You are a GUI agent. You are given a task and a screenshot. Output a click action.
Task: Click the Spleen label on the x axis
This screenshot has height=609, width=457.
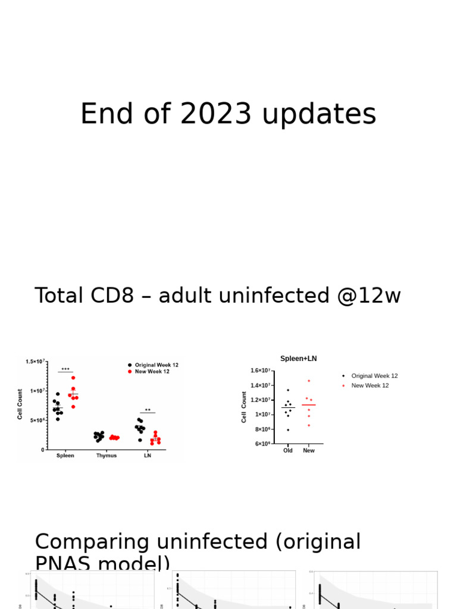click(65, 456)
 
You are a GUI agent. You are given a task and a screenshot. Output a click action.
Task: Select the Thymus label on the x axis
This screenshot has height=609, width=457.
click(107, 456)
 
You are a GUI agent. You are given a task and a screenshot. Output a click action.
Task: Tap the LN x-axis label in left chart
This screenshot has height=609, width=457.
click(147, 456)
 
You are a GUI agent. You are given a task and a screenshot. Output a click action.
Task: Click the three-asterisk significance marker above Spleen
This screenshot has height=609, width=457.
click(65, 369)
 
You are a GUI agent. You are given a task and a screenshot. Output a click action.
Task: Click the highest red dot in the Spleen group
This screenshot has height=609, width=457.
click(74, 378)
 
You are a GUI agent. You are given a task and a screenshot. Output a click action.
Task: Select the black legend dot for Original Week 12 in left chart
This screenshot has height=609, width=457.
click(130, 365)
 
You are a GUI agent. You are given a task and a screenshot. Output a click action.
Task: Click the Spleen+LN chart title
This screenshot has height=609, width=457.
click(299, 359)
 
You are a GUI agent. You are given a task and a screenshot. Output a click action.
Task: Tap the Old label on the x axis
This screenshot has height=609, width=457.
click(288, 451)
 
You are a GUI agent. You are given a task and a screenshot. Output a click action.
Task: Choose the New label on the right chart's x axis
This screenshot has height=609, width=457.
click(309, 451)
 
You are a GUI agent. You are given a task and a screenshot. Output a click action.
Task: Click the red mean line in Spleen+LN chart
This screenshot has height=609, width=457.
click(309, 405)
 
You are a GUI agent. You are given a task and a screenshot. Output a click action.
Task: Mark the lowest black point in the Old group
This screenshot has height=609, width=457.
click(288, 430)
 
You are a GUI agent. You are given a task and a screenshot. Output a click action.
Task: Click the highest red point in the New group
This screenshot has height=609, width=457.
click(309, 381)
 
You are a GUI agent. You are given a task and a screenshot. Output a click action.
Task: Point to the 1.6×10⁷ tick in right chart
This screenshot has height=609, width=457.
click(261, 371)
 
